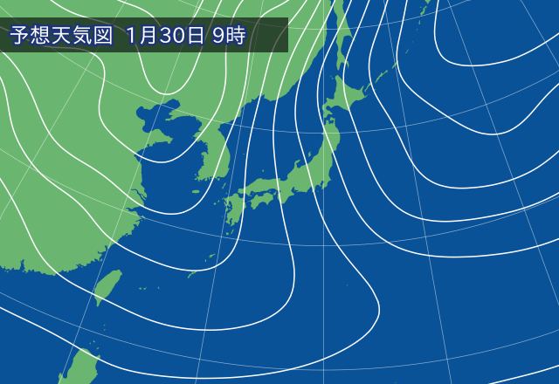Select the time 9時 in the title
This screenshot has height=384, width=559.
click(x=230, y=36)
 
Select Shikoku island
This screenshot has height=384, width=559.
click(x=260, y=201)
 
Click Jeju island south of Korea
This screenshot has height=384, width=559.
click(x=200, y=193)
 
